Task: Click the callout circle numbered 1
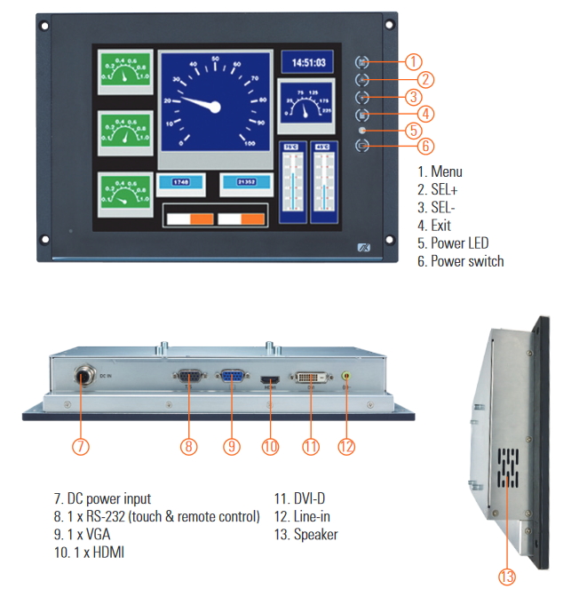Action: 413,62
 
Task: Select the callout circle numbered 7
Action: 81,446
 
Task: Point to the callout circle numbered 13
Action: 506,577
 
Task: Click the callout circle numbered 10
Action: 270,446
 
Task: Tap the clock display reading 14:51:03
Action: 308,63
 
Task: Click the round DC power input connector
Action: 81,377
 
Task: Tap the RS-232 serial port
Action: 188,377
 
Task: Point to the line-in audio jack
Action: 345,377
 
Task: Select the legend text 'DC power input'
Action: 108,498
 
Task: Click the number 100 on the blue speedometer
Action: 250,143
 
